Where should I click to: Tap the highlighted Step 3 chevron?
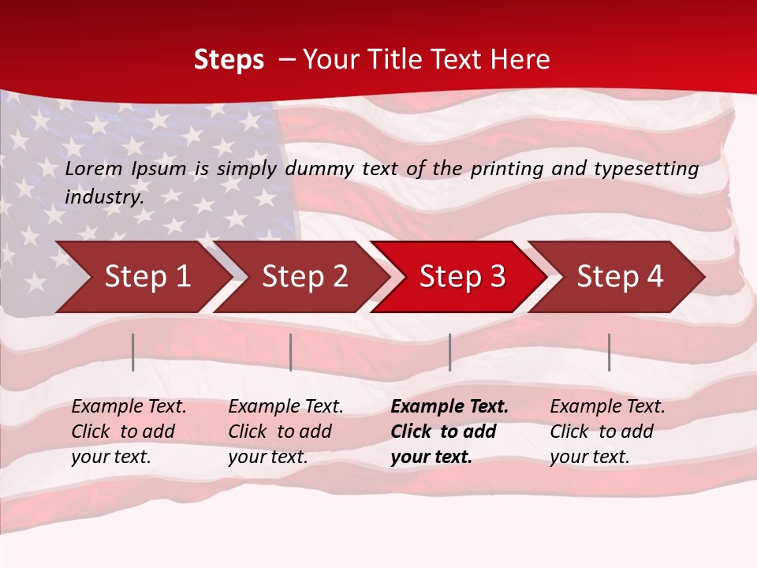coord(462,277)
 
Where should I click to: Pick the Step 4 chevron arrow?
coord(620,277)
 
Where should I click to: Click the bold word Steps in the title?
coord(229,60)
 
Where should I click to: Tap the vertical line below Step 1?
coord(133,352)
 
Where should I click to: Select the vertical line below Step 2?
coord(291,352)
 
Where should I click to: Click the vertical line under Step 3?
coord(449,352)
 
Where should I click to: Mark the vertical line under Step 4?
coord(610,352)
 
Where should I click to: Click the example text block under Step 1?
coord(129,432)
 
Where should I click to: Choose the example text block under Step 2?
coord(285,432)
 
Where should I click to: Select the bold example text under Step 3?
coord(449,432)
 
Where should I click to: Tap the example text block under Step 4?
coord(607,432)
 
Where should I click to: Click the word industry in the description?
coord(103,197)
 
